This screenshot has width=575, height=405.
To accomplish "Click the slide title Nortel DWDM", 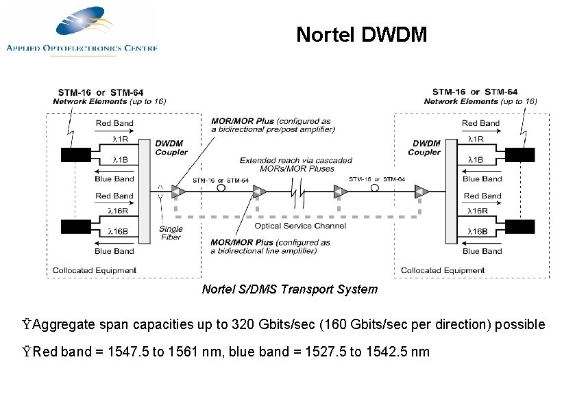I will coord(361,35).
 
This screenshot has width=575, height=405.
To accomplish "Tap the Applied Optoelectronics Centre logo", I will coord(82,31).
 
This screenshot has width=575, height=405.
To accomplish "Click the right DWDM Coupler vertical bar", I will coord(450,190).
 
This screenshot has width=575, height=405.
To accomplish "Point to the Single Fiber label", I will coord(171,233).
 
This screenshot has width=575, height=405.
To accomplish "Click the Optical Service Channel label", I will coord(300,226).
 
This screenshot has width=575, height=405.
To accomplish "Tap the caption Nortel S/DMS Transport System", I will coord(289,289).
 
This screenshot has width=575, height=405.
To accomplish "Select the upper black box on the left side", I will coord(76,155).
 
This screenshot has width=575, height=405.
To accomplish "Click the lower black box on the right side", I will coord(519,226).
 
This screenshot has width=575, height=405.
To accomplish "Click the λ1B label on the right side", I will coord(476,159).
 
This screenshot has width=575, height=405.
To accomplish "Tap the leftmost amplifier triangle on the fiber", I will coord(178,191).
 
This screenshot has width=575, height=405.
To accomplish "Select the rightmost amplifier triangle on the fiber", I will coord(421,191).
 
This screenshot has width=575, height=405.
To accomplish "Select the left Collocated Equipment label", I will coord(94,270).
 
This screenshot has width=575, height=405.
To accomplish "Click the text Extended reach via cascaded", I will coord(296,160).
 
